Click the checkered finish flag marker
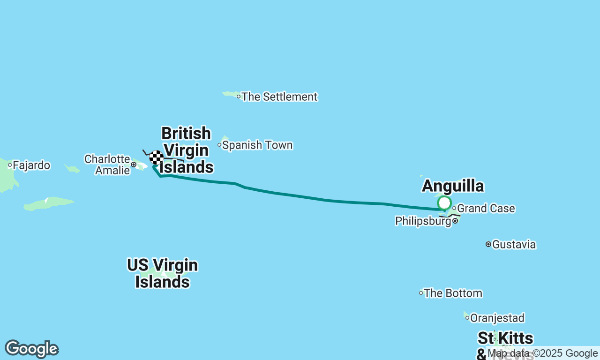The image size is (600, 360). coord(156,157)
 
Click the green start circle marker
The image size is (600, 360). coord(444,203)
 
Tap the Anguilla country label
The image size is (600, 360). coord(453,186)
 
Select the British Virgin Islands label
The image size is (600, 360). coord(186,150)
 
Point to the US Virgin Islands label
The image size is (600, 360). coord(162,274)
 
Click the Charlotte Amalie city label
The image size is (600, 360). coord(107,165)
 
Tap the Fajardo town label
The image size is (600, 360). coord(31,165)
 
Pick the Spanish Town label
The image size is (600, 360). coord(257,145)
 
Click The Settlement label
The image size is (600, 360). coord(279,97)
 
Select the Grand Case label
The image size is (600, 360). coord(486,209)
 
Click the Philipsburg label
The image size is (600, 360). coord(423,221)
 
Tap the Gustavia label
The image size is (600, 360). coord(514,245)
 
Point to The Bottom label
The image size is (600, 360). coord(453,293)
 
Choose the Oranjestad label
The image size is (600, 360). coord(497,318)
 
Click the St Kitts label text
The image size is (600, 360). coord(505,338)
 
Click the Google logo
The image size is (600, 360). coord(31,349)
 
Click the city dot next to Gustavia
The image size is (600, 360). coord(488,244)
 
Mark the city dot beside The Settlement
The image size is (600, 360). coord(239,97)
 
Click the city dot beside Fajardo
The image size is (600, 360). coord(9,165)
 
